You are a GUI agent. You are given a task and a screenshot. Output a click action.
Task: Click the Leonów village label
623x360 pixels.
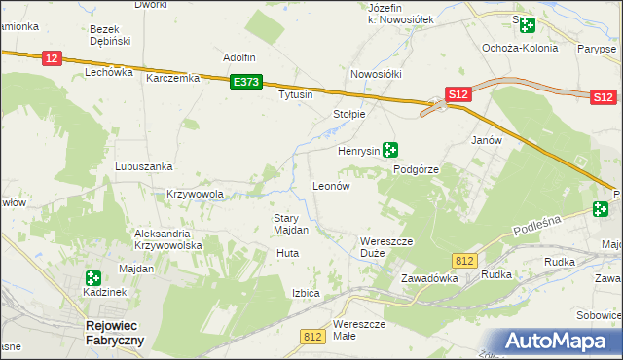click(330, 186)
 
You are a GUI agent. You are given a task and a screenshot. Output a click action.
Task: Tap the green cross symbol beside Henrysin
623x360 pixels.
click(390, 150)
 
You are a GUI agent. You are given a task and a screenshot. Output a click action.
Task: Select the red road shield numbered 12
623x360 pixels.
click(52, 59)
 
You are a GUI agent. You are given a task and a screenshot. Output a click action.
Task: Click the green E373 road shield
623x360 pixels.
click(245, 84)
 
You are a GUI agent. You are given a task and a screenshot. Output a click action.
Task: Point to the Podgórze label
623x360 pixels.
click(417, 169)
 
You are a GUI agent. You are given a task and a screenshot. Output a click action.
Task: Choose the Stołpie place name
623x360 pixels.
click(348, 114)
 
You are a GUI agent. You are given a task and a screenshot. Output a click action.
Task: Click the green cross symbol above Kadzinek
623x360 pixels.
click(93, 278)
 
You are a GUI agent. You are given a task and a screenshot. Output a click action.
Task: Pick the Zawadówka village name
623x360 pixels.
click(429, 278)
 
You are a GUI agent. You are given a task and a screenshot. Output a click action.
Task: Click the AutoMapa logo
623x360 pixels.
click(559, 341)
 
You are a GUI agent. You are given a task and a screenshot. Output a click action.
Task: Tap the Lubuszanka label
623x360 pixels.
click(143, 166)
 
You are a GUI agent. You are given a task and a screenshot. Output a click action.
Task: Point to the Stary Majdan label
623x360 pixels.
click(291, 225)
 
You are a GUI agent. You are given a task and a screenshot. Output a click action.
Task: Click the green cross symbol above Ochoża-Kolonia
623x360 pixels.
click(527, 26)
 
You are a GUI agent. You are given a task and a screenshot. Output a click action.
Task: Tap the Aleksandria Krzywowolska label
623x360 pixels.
click(167, 240)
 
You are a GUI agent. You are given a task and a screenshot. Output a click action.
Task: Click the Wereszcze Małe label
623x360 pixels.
click(359, 329)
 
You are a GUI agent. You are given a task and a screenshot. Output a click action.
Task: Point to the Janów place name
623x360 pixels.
click(486, 140)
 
